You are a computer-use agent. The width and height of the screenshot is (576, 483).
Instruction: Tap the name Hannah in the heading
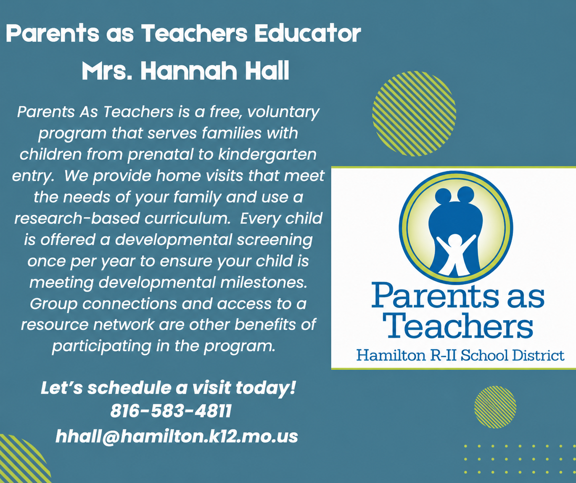point(189,71)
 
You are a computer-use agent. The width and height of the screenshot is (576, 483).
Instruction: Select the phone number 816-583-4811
point(171,411)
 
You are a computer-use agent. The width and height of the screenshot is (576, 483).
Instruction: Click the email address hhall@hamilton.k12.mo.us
point(177,436)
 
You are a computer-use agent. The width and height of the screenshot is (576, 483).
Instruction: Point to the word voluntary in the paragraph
point(283,113)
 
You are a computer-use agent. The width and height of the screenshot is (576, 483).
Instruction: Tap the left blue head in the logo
point(443,196)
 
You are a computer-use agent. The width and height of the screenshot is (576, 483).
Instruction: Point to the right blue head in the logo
point(466,194)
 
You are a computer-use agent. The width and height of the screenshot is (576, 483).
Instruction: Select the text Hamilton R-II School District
point(460,355)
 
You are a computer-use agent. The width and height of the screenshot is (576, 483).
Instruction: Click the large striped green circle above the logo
point(414,114)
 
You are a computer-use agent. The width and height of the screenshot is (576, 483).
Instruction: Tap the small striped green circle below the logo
point(495,407)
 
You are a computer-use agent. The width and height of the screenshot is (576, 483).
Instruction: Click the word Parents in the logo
point(435,295)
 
